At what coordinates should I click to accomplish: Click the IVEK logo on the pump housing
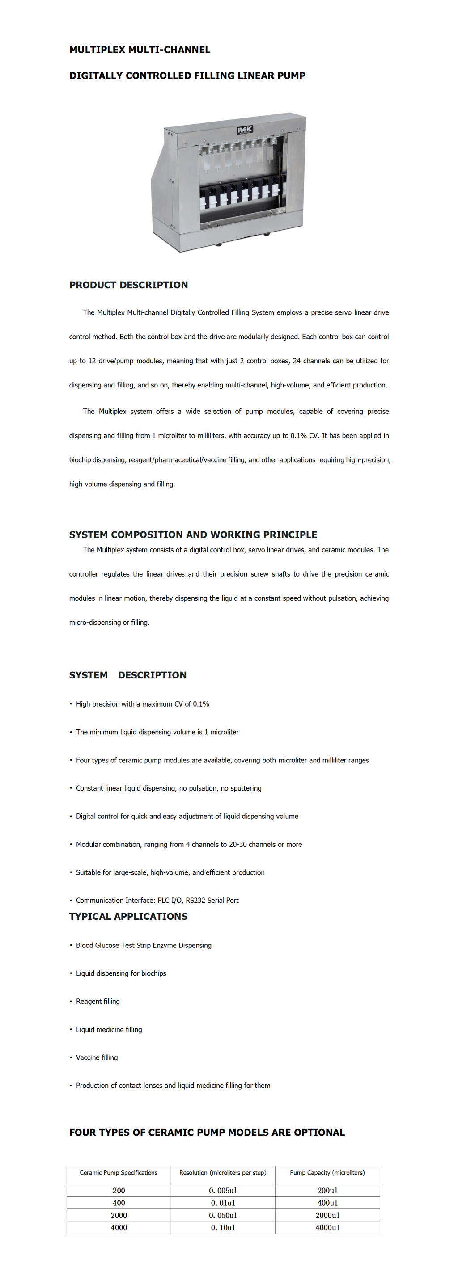tap(245, 130)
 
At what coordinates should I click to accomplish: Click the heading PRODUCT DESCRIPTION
tap(128, 285)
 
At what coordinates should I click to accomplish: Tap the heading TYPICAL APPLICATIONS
tap(128, 917)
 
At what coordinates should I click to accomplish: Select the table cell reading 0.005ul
tap(223, 1191)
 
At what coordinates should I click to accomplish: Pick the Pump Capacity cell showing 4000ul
tap(327, 1228)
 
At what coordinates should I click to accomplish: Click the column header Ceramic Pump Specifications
tap(119, 1173)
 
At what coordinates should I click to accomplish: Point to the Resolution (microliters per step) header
tap(223, 1173)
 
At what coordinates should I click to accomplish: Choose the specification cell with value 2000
tap(119, 1215)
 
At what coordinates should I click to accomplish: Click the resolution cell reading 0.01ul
tap(223, 1203)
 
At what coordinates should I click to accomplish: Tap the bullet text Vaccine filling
tap(97, 1057)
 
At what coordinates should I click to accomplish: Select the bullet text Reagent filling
tap(98, 1001)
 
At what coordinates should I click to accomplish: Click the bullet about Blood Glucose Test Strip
tap(144, 946)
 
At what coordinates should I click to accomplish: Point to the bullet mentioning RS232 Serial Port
tap(157, 901)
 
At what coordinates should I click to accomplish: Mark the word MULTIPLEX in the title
tap(97, 50)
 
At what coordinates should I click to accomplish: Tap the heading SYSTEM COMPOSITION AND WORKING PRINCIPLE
tap(193, 535)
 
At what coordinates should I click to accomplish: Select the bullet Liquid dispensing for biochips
tap(121, 973)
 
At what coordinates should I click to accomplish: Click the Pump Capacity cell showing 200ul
tap(327, 1191)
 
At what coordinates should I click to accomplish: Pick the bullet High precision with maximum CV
tap(142, 704)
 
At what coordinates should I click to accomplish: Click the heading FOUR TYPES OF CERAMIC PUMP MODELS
tap(207, 1133)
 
